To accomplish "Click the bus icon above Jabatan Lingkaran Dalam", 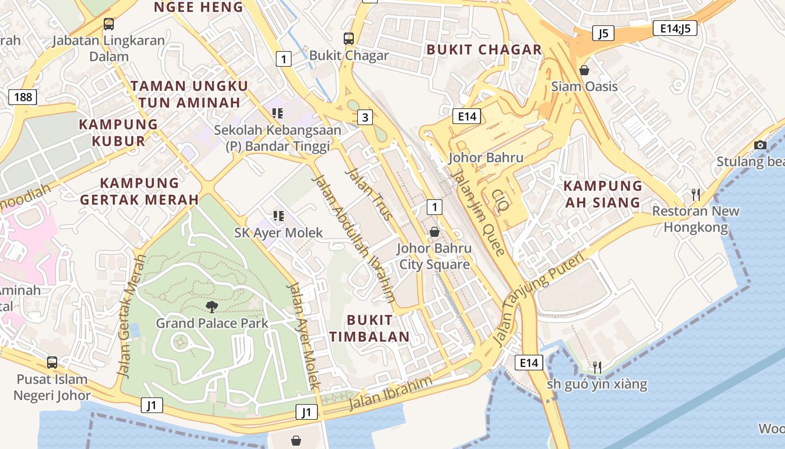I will (x=109, y=24).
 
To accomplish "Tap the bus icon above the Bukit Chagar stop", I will (x=349, y=39).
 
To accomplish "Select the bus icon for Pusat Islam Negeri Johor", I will (x=52, y=363).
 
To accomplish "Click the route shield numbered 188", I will (x=23, y=97).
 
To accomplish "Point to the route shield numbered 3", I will (x=365, y=117).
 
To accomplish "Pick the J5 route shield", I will (x=603, y=33).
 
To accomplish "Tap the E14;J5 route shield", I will (x=675, y=28).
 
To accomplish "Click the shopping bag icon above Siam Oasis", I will (x=584, y=70).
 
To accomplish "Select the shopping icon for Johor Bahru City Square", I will (x=434, y=232).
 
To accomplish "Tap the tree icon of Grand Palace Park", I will (x=212, y=306).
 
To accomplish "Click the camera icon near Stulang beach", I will (x=760, y=145).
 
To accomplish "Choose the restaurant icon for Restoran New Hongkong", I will (x=696, y=195).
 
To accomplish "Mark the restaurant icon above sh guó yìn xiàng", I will (x=597, y=368).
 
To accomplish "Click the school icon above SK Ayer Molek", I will (x=278, y=216).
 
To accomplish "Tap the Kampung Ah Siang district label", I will (x=603, y=194).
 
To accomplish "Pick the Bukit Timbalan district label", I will (x=369, y=328).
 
